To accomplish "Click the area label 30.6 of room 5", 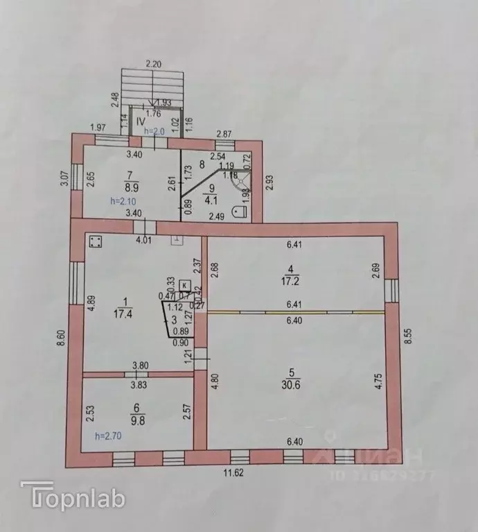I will click(x=294, y=392).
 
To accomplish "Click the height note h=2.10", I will click(x=123, y=201).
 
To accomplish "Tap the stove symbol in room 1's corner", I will click(x=96, y=242).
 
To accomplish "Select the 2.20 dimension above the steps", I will click(x=154, y=64).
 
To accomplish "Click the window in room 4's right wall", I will click(x=391, y=288).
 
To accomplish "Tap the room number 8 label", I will click(x=202, y=165).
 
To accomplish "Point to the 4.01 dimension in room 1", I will click(x=143, y=240).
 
